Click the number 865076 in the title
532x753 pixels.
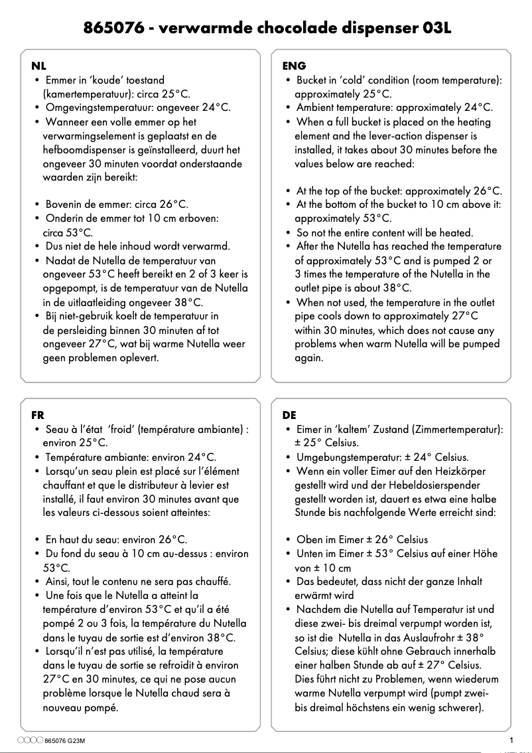click(x=109, y=29)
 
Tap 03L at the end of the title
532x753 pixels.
click(x=435, y=29)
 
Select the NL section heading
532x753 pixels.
click(x=39, y=65)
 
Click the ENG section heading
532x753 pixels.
click(x=294, y=65)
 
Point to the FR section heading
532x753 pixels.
click(x=38, y=415)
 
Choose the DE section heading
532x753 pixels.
click(x=289, y=415)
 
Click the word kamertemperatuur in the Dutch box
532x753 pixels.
click(x=84, y=94)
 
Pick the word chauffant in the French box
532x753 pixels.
click(x=66, y=485)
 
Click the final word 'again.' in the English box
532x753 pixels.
click(x=308, y=358)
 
